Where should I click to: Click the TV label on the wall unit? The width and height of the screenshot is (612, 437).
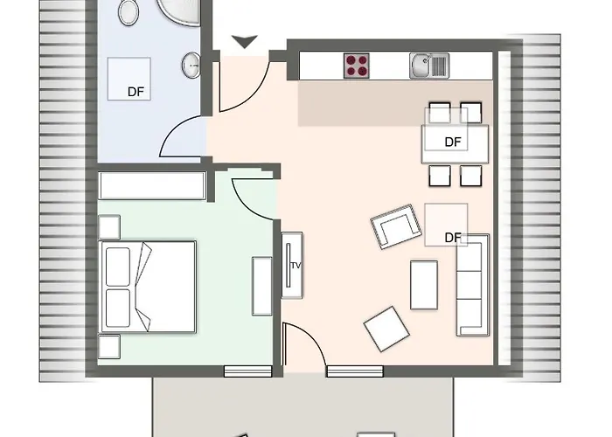(x=295, y=265)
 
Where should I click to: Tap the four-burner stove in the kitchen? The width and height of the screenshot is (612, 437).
(x=357, y=64)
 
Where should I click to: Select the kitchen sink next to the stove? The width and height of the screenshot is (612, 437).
(x=428, y=64)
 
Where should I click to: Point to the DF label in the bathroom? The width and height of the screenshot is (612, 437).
(x=136, y=91)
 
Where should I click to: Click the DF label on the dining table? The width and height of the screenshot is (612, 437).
(x=452, y=142)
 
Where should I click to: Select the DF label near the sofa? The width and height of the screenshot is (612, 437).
(x=452, y=237)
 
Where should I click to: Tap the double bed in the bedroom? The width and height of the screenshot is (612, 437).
(x=148, y=286)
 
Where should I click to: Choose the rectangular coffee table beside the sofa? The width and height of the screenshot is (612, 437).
(x=424, y=285)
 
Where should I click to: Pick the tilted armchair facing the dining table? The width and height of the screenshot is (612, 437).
(x=396, y=226)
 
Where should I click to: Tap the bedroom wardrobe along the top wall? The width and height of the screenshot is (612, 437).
(x=152, y=185)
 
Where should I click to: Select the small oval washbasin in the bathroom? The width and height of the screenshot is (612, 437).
(x=191, y=63)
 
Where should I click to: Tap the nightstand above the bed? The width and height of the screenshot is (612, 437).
(x=110, y=226)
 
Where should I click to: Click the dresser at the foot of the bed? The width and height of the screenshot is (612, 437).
(x=262, y=286)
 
